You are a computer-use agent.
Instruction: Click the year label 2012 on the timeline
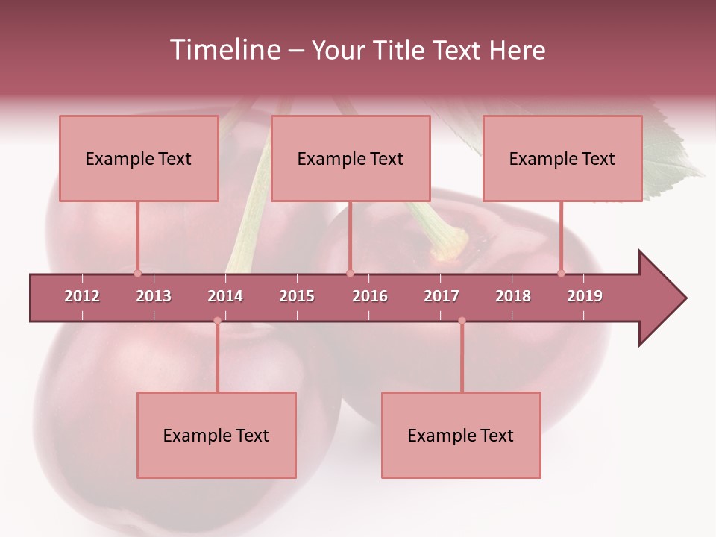tap(82, 296)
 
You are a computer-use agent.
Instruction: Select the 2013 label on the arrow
tap(154, 296)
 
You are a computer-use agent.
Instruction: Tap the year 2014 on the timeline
tap(225, 296)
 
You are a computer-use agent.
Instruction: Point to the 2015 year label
tap(297, 296)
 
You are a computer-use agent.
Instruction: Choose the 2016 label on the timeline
tap(370, 296)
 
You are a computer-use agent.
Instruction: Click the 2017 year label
tap(442, 296)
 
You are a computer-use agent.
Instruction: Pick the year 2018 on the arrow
tap(513, 296)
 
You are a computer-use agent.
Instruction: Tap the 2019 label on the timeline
tap(585, 296)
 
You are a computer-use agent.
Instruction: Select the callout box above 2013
tap(139, 158)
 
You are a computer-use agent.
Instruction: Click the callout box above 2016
tap(351, 158)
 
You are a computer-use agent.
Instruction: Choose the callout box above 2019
tap(562, 158)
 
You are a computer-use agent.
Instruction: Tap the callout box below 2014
tap(216, 435)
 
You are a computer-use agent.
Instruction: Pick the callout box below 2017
tap(461, 435)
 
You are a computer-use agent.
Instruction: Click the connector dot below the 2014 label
tap(217, 321)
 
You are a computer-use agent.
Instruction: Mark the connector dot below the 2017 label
tap(462, 321)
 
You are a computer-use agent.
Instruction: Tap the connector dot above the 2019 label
tap(562, 273)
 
